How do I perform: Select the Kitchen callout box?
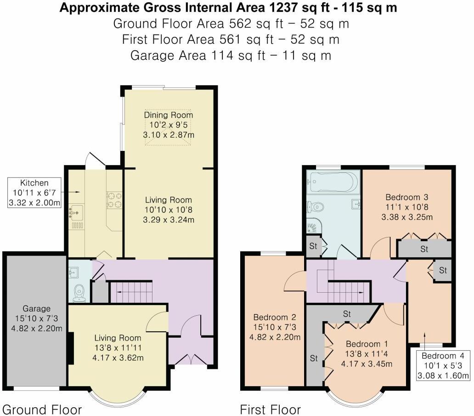point(34,192)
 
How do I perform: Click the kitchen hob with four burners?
point(114,199)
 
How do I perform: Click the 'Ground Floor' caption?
point(42,409)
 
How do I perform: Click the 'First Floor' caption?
point(270,409)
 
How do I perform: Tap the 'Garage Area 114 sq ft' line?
point(231,56)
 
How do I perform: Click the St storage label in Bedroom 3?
point(424,249)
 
